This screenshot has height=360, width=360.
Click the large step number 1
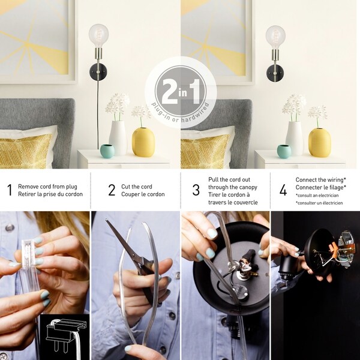(9, 191)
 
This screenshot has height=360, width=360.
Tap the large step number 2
(112, 191)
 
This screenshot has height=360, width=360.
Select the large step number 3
(196, 191)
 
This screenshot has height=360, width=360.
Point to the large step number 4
(283, 191)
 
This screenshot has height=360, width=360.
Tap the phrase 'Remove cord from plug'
(47, 187)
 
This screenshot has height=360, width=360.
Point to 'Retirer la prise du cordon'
(50, 194)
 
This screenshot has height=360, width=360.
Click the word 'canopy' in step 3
(247, 187)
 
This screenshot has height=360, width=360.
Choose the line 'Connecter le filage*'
(320, 187)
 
